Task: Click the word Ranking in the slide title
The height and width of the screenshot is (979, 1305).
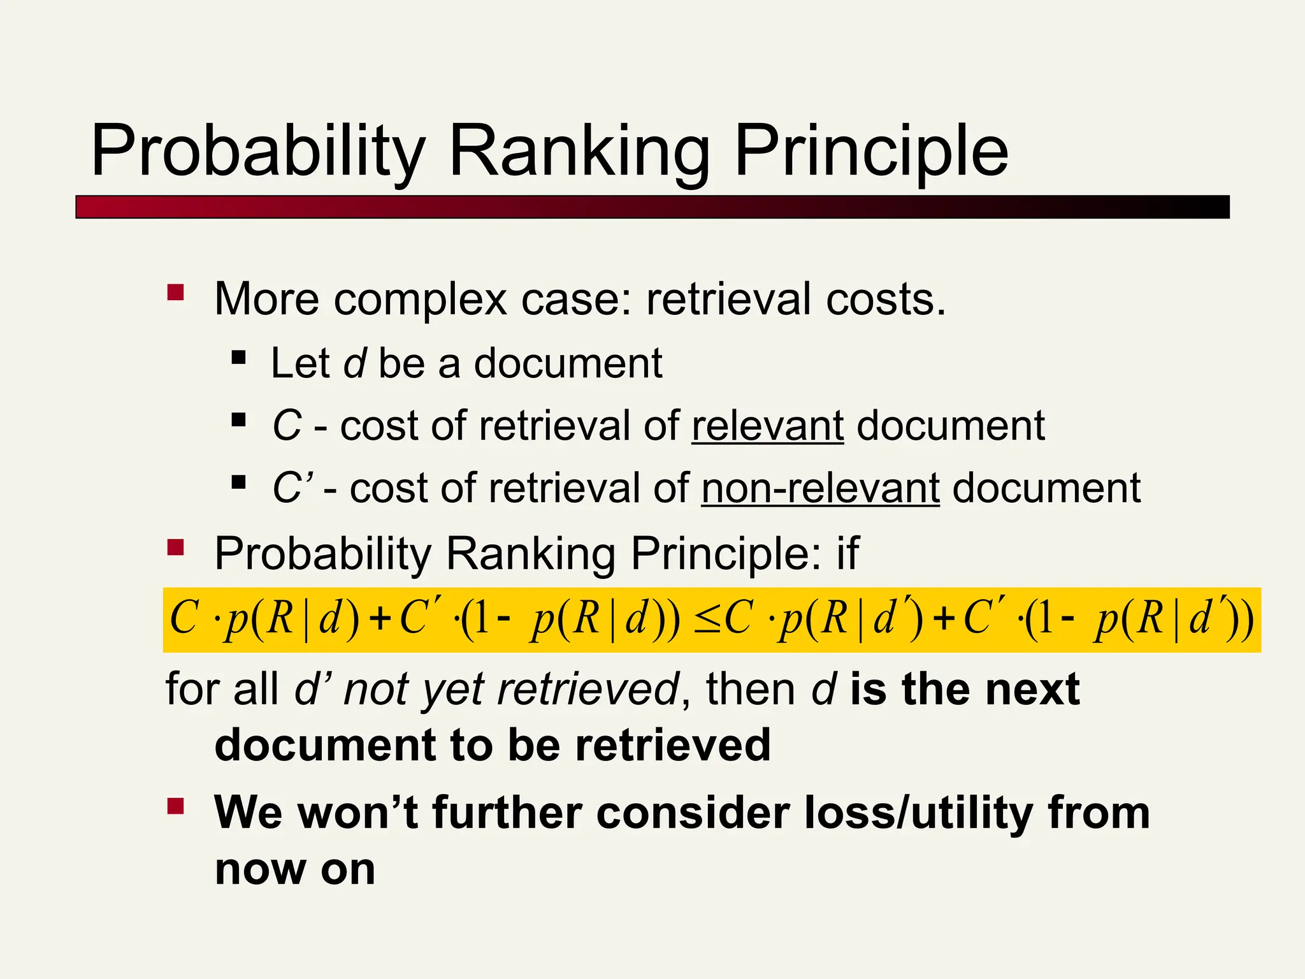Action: (579, 152)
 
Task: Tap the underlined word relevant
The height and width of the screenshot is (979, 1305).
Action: (767, 426)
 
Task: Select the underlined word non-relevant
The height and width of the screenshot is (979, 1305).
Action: (820, 489)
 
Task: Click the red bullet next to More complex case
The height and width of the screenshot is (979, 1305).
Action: (175, 293)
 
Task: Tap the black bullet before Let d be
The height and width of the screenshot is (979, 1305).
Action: (239, 356)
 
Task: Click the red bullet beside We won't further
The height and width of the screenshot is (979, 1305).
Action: (175, 806)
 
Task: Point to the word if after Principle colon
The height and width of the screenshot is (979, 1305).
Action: (848, 553)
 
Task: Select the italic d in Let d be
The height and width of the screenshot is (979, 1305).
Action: (355, 363)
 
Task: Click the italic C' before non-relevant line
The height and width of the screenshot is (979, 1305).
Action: (292, 489)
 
